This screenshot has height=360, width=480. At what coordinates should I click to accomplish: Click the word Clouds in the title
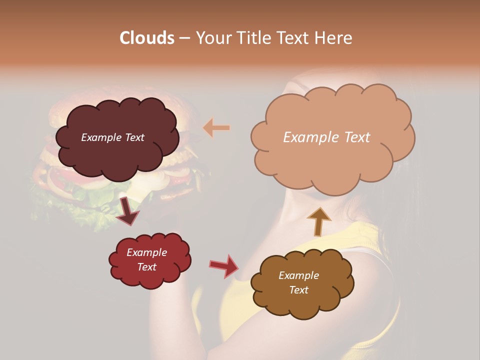pyautogui.click(x=147, y=38)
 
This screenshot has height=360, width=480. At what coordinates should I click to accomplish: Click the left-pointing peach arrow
pyautogui.click(x=216, y=128)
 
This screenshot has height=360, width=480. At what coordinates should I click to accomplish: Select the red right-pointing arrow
pyautogui.click(x=223, y=265)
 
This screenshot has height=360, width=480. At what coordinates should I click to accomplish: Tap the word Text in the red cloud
pyautogui.click(x=147, y=267)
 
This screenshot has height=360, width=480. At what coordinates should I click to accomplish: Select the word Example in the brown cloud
pyautogui.click(x=298, y=275)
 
